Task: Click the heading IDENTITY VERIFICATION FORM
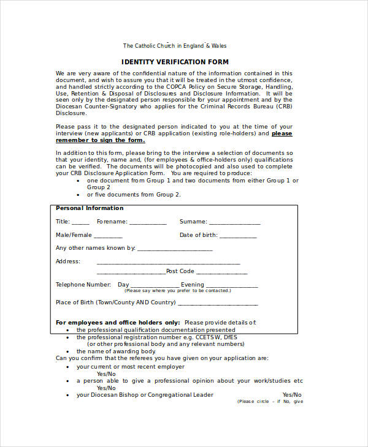click(175, 62)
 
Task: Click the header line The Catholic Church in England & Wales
click(175, 46)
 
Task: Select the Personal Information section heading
click(90, 208)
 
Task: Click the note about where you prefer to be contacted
click(178, 291)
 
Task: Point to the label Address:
click(68, 261)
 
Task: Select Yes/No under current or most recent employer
click(106, 374)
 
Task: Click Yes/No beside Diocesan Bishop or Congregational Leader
click(292, 395)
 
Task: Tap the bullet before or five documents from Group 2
click(78, 195)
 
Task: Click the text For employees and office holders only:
click(118, 322)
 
